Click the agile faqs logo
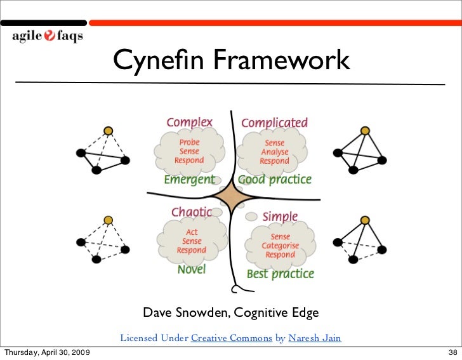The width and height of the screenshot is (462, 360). click(47, 36)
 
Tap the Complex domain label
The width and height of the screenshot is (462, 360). click(189, 121)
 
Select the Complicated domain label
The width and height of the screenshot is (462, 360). click(274, 122)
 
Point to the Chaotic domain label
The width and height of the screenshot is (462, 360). click(191, 212)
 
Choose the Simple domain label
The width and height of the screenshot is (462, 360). click(280, 217)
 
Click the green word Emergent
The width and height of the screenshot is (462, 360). click(189, 180)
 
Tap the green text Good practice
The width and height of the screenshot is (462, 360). click(275, 180)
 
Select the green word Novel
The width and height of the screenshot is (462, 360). click(192, 269)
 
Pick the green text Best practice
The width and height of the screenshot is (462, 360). click(280, 274)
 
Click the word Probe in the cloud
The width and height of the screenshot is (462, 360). click(189, 142)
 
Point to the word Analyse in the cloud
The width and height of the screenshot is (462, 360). click(274, 152)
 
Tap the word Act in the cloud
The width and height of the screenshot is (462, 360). click(192, 232)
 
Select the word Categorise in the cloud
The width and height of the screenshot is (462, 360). click(280, 246)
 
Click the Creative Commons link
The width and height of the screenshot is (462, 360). click(232, 338)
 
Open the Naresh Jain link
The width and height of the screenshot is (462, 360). click(315, 338)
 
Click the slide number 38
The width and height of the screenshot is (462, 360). click(452, 352)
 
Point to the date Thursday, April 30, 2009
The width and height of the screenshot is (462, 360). click(47, 352)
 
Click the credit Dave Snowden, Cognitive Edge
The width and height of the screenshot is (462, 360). click(230, 313)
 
